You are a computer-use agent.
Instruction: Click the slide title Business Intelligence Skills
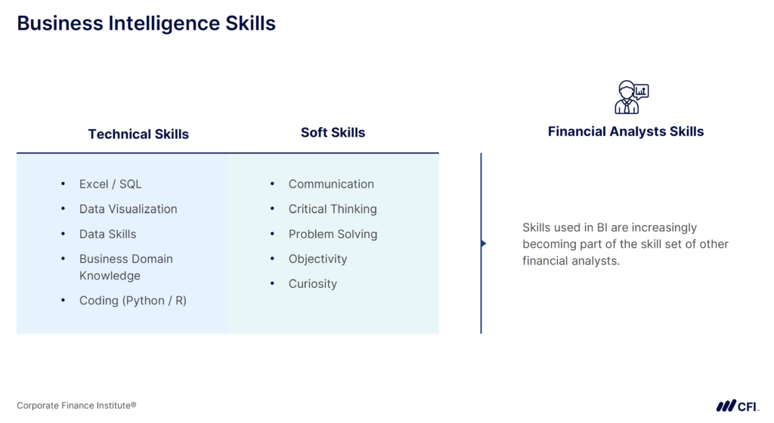[146, 23]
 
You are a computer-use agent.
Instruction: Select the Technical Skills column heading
[138, 134]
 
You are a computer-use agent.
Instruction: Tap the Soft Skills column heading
[333, 133]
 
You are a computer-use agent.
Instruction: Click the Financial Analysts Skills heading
[625, 131]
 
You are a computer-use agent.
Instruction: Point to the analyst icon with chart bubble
[630, 97]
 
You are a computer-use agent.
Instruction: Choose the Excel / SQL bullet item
[110, 184]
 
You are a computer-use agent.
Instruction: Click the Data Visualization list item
[128, 209]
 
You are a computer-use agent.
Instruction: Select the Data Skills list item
[107, 234]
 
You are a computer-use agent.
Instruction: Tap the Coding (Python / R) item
[132, 301]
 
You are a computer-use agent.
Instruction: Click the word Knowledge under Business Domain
[110, 276]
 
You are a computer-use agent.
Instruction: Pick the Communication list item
[331, 184]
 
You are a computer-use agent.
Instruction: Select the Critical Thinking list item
[332, 209]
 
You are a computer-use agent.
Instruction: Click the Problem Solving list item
[333, 234]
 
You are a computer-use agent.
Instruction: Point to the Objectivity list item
[317, 259]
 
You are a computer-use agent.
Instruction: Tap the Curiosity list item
[312, 284]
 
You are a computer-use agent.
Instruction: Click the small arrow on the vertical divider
[484, 243]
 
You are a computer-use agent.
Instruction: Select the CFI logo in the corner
[737, 406]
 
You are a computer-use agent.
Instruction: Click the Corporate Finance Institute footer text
[76, 406]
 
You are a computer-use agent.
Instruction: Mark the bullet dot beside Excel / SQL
[63, 184]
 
